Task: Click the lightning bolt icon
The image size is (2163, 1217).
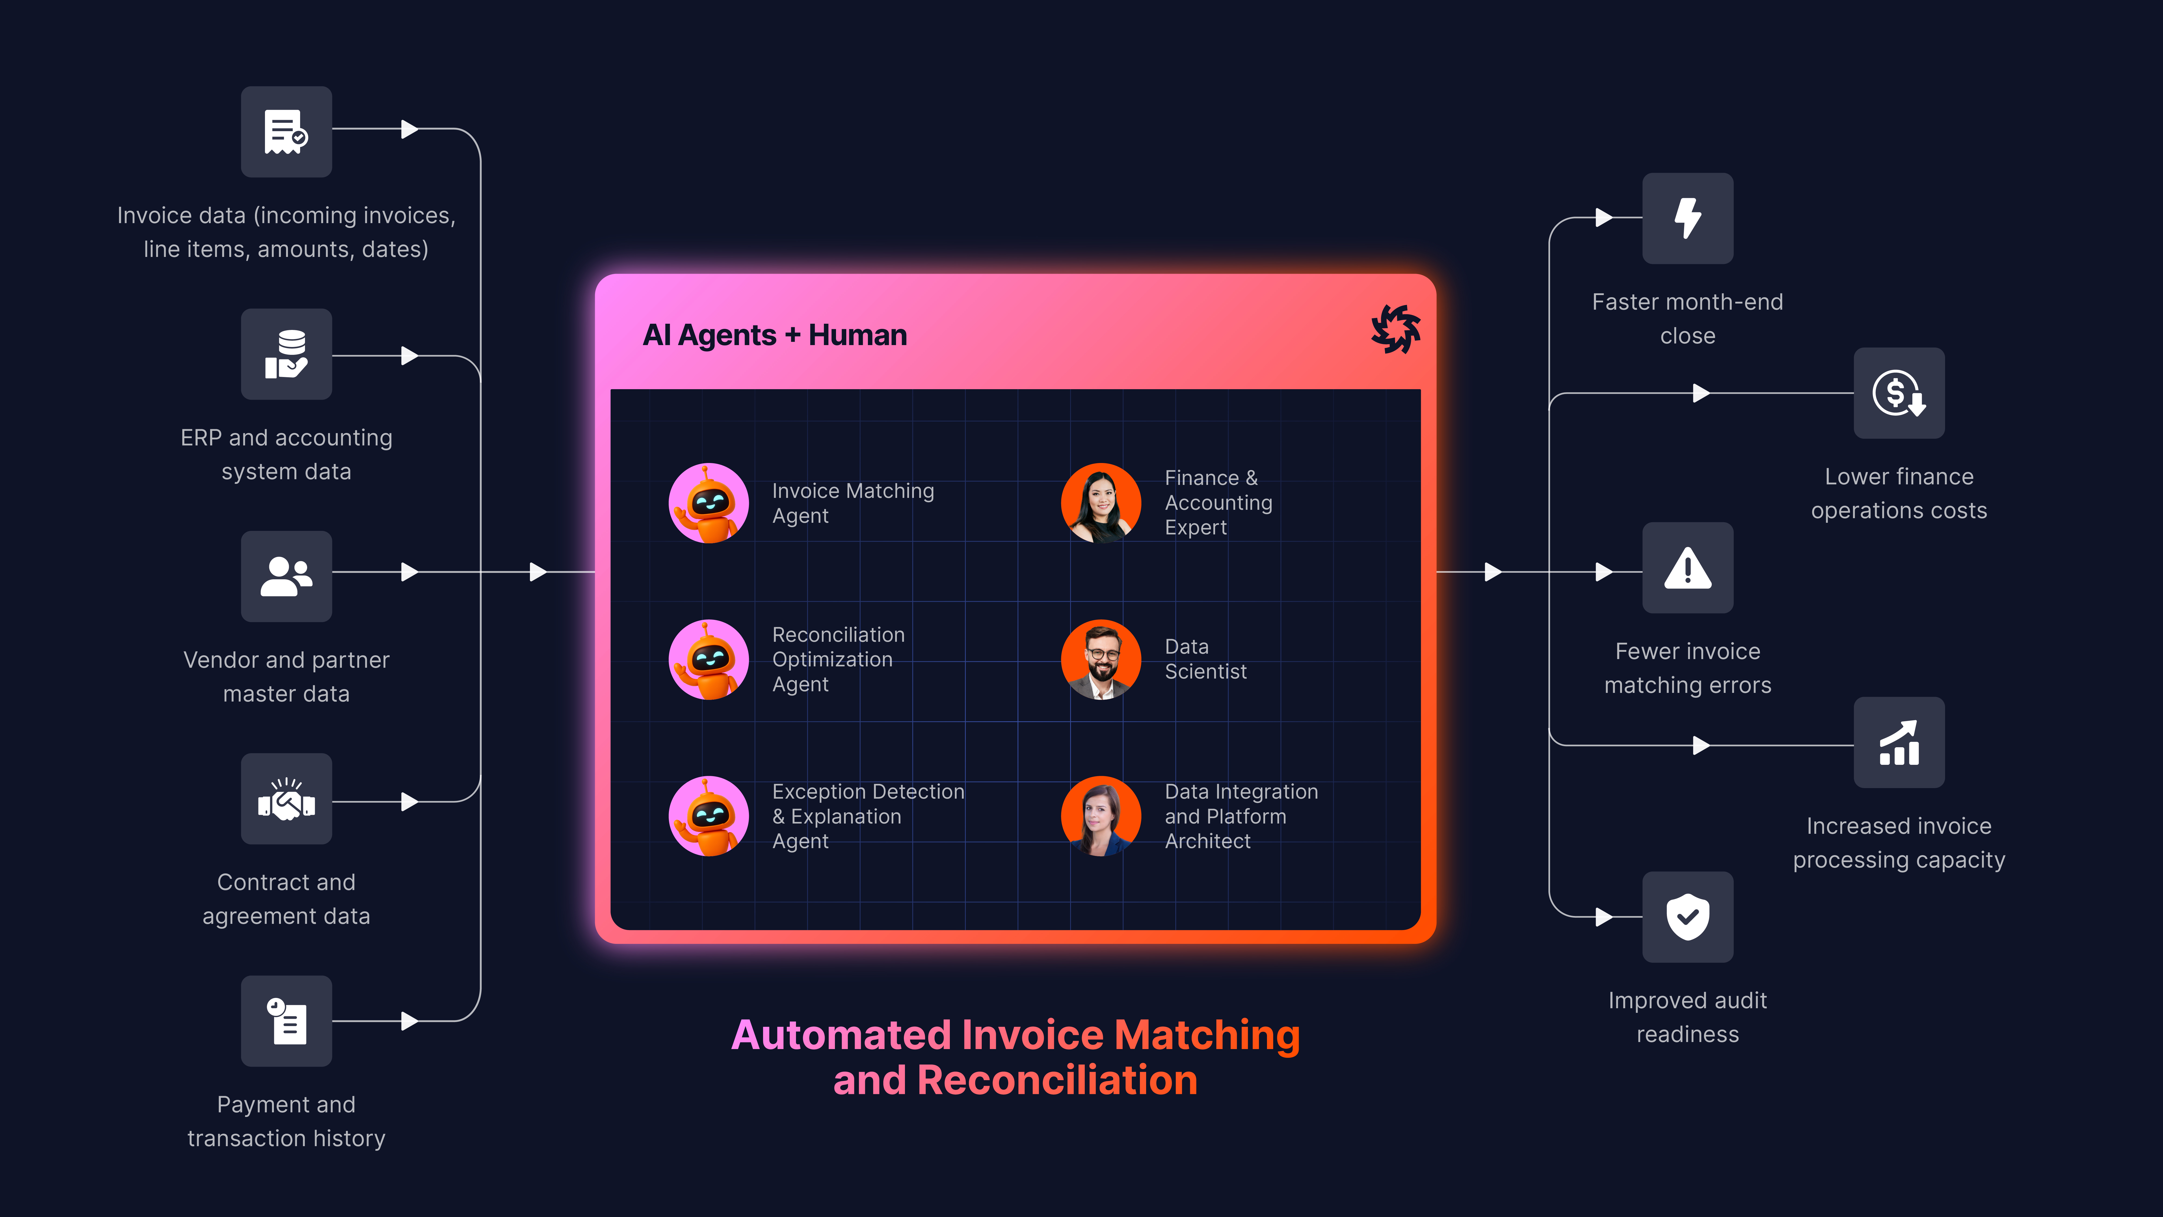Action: pyautogui.click(x=1688, y=218)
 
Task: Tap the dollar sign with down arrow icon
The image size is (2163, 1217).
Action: pyautogui.click(x=1899, y=393)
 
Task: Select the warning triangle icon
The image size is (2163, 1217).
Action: pyautogui.click(x=1688, y=568)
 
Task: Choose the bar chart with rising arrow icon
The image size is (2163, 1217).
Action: pyautogui.click(x=1899, y=742)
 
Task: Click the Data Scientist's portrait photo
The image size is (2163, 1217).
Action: pyautogui.click(x=1101, y=659)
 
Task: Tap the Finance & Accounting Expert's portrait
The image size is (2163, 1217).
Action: pyautogui.click(x=1101, y=503)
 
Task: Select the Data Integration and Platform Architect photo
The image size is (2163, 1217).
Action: pyautogui.click(x=1101, y=816)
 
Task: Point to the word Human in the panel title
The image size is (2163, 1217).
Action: pyautogui.click(x=857, y=335)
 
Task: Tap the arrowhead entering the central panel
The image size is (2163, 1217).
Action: pyautogui.click(x=538, y=572)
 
